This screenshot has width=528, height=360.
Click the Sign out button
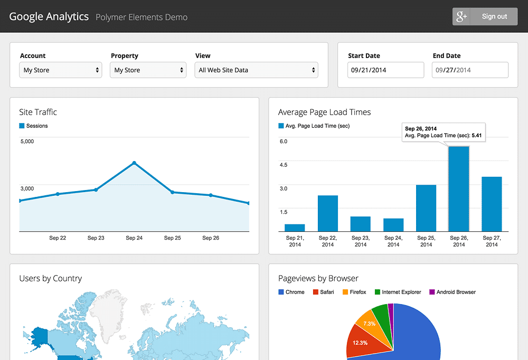click(485, 16)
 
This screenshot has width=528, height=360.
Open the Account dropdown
click(61, 70)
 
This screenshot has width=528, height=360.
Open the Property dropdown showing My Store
click(148, 70)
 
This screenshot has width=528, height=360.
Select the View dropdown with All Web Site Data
click(257, 70)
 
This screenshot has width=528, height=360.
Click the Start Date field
click(385, 70)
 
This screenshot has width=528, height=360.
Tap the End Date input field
click(470, 70)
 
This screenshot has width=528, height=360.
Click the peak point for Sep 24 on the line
click(134, 163)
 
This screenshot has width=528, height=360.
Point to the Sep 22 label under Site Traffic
click(58, 238)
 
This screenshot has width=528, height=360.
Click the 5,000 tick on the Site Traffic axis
click(27, 141)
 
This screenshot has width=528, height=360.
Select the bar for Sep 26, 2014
click(459, 189)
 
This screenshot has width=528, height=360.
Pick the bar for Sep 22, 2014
click(328, 213)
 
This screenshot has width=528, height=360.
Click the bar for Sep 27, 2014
click(492, 204)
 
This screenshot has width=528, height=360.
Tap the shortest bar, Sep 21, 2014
click(295, 228)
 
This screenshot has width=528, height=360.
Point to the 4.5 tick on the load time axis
click(284, 165)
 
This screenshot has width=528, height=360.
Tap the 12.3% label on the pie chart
click(360, 343)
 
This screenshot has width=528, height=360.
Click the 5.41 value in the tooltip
click(476, 136)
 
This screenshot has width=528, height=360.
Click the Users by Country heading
click(51, 279)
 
